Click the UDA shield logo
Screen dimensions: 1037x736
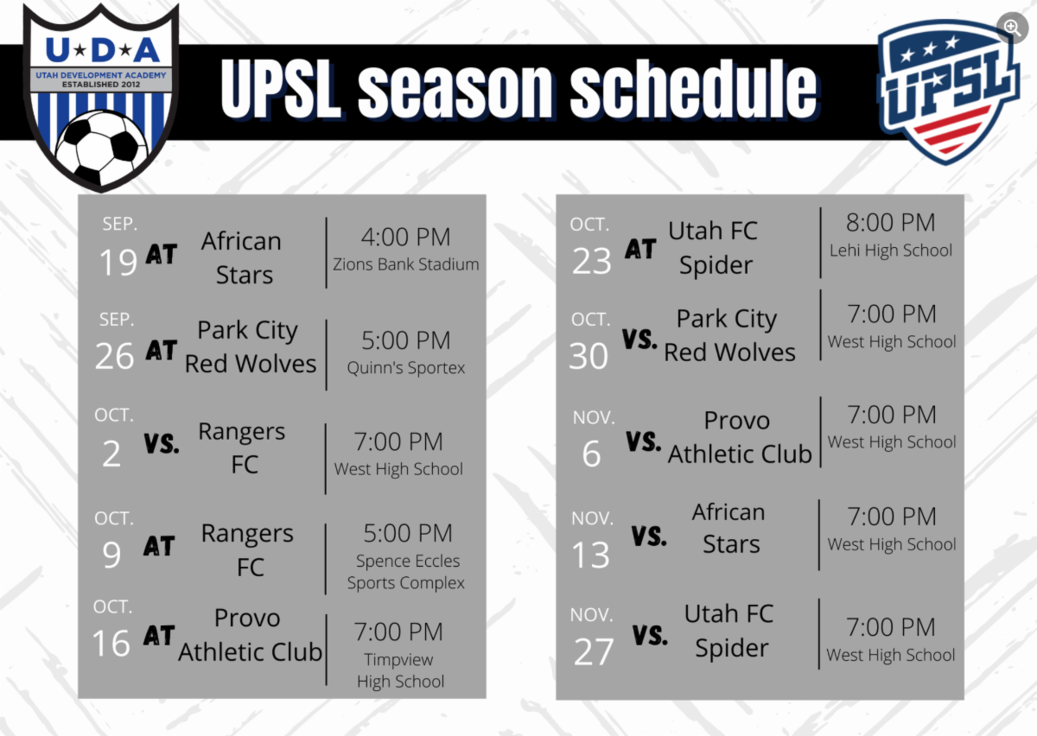pyautogui.click(x=101, y=98)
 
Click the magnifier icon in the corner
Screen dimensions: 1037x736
pyautogui.click(x=1012, y=28)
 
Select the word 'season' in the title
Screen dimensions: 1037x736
pyautogui.click(x=455, y=89)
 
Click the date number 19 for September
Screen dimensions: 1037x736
pyautogui.click(x=118, y=262)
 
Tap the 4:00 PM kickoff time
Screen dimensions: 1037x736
pyautogui.click(x=405, y=237)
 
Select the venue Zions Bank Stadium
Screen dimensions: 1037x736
pyautogui.click(x=405, y=264)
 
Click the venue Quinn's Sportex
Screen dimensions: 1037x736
pyautogui.click(x=405, y=367)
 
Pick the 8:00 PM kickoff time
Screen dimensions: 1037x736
pyautogui.click(x=891, y=222)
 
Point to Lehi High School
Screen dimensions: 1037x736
pyautogui.click(x=891, y=251)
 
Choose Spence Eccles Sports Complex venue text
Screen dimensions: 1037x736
pyautogui.click(x=406, y=572)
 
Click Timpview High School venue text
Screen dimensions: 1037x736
pyautogui.click(x=400, y=670)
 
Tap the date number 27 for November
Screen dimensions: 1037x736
pyautogui.click(x=594, y=651)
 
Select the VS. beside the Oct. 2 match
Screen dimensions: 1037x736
pyautogui.click(x=161, y=443)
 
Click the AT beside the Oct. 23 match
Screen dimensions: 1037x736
pyautogui.click(x=640, y=249)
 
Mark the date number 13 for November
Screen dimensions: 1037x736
pyautogui.click(x=590, y=555)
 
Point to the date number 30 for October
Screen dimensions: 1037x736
pyautogui.click(x=588, y=356)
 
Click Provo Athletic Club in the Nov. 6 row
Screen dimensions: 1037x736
pyautogui.click(x=740, y=437)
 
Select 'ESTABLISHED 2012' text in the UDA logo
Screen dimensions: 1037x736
pyautogui.click(x=101, y=85)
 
